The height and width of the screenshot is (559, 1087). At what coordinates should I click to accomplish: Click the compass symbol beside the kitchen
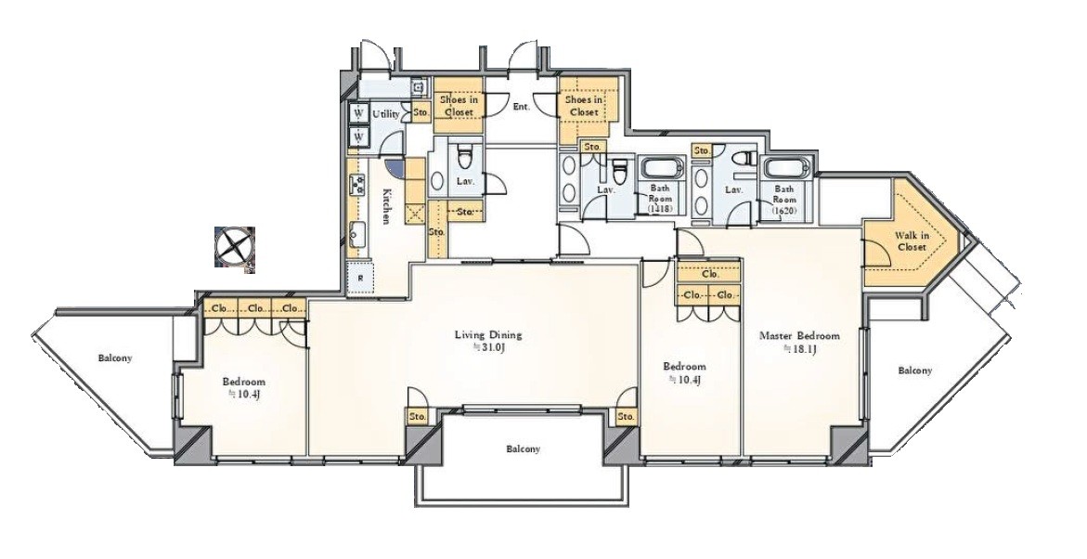[234, 246]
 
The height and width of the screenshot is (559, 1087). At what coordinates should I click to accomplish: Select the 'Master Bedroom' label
[799, 335]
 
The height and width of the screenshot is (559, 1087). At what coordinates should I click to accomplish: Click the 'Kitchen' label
[387, 206]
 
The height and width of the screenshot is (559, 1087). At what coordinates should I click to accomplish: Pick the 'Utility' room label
[385, 114]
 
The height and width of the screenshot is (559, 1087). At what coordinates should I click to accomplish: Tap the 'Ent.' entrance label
[522, 107]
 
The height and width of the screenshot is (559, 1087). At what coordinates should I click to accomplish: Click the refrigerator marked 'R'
[360, 279]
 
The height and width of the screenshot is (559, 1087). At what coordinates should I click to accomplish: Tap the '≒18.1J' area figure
[799, 349]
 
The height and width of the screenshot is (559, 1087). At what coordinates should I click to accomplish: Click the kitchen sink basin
[358, 234]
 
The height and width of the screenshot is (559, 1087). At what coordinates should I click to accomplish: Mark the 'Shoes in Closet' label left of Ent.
[459, 106]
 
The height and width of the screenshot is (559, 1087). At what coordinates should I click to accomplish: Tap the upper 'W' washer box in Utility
[358, 113]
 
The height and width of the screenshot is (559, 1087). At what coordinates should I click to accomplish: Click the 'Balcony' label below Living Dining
[523, 448]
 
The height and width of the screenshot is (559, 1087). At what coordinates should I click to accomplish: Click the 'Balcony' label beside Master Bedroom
[915, 370]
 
